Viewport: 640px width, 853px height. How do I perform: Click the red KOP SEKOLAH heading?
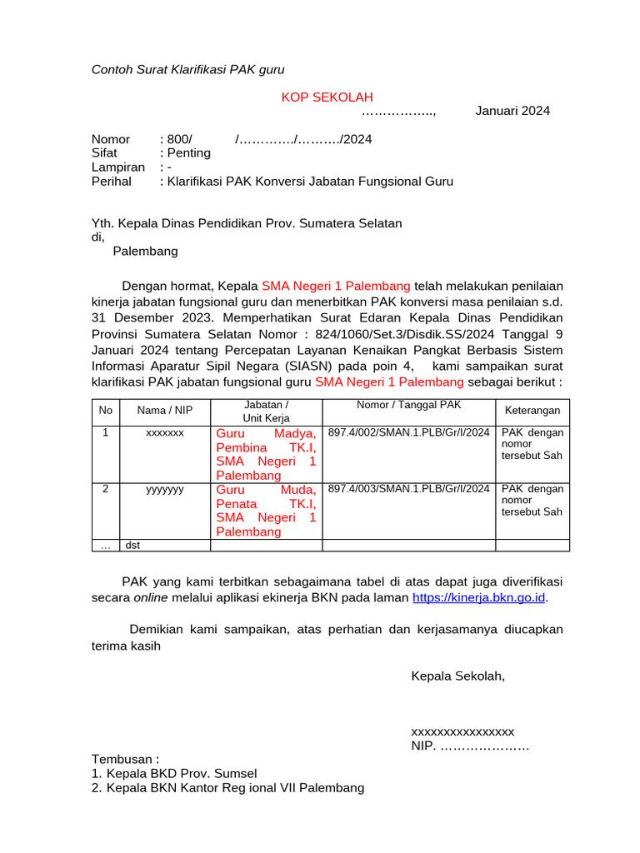click(x=327, y=97)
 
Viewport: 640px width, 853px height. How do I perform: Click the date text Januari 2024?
click(x=512, y=112)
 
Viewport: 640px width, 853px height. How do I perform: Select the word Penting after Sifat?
click(x=188, y=153)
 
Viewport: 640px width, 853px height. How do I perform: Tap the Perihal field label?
click(x=111, y=182)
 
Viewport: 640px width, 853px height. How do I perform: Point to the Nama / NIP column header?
click(x=165, y=410)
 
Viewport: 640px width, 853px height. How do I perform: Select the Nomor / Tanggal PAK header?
click(x=408, y=405)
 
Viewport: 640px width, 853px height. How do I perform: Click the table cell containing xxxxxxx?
click(x=165, y=433)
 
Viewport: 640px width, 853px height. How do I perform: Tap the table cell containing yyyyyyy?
click(x=165, y=490)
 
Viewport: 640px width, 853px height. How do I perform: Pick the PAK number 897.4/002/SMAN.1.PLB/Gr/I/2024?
click(x=408, y=433)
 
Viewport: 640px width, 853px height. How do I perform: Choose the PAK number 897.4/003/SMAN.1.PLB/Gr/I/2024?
click(x=408, y=490)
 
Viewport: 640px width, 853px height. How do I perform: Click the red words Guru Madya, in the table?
click(x=266, y=434)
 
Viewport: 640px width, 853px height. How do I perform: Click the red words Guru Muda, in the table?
click(x=266, y=490)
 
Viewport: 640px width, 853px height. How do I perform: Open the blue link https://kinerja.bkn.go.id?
click(x=479, y=598)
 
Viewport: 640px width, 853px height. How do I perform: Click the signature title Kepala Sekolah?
click(x=457, y=676)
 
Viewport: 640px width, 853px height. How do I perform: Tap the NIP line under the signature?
click(x=469, y=746)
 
